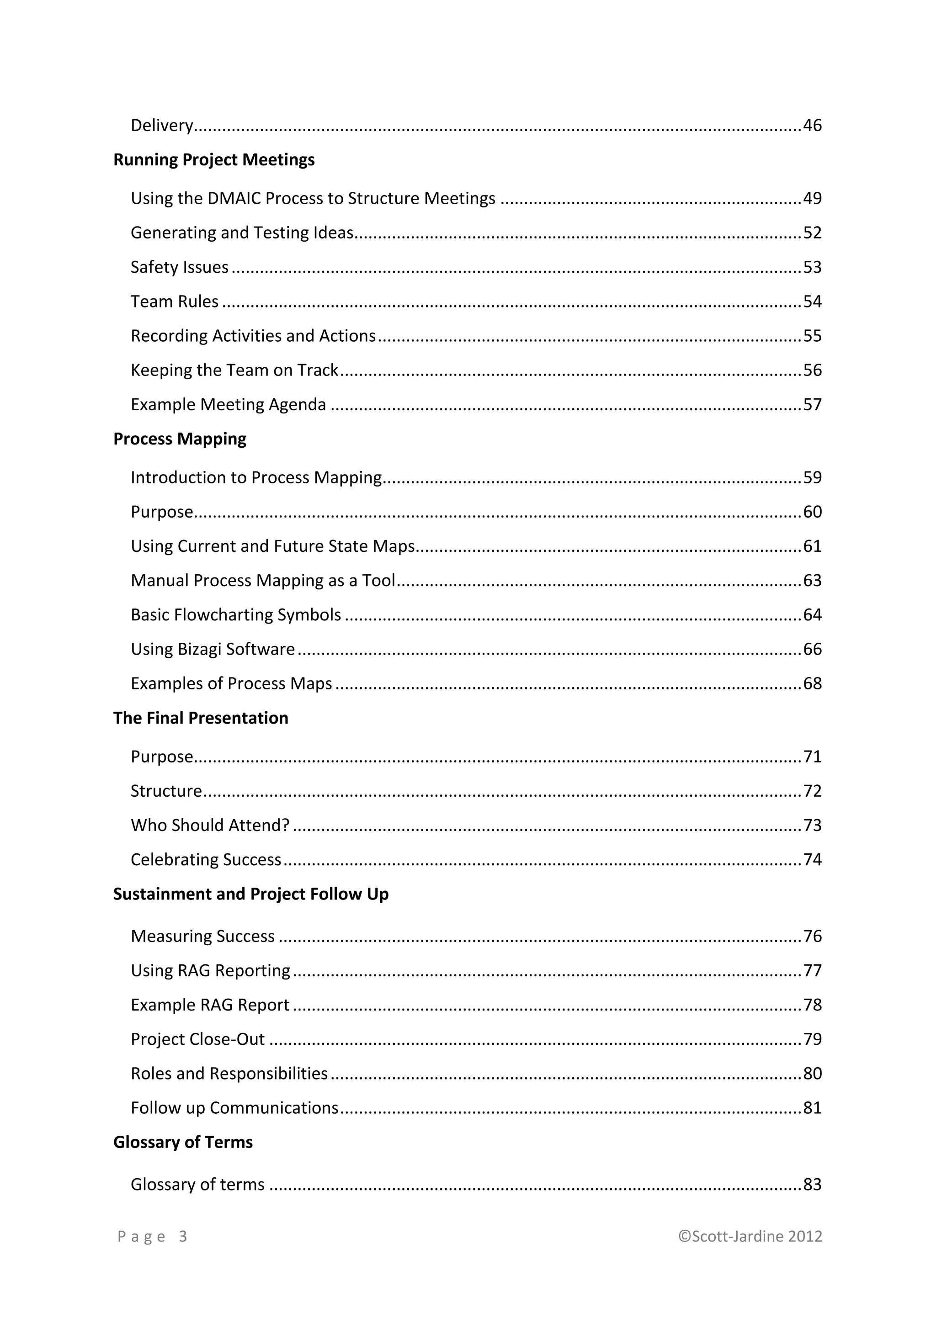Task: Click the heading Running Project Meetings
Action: click(214, 159)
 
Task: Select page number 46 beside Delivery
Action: click(812, 125)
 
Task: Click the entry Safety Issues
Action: click(179, 267)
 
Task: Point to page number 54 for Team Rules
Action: click(812, 302)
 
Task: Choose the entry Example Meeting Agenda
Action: click(228, 404)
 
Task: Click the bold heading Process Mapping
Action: click(180, 439)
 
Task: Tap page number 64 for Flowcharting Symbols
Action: click(812, 615)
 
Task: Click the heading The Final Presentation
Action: click(201, 718)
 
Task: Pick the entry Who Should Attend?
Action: click(210, 825)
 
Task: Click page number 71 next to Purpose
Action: click(812, 757)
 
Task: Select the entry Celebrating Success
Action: click(206, 860)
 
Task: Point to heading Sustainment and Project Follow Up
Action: click(251, 894)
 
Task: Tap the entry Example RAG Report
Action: click(210, 1005)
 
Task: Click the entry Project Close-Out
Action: click(198, 1039)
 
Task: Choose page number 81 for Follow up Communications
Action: click(812, 1108)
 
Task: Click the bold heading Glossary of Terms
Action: click(183, 1143)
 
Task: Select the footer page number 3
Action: click(183, 1237)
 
